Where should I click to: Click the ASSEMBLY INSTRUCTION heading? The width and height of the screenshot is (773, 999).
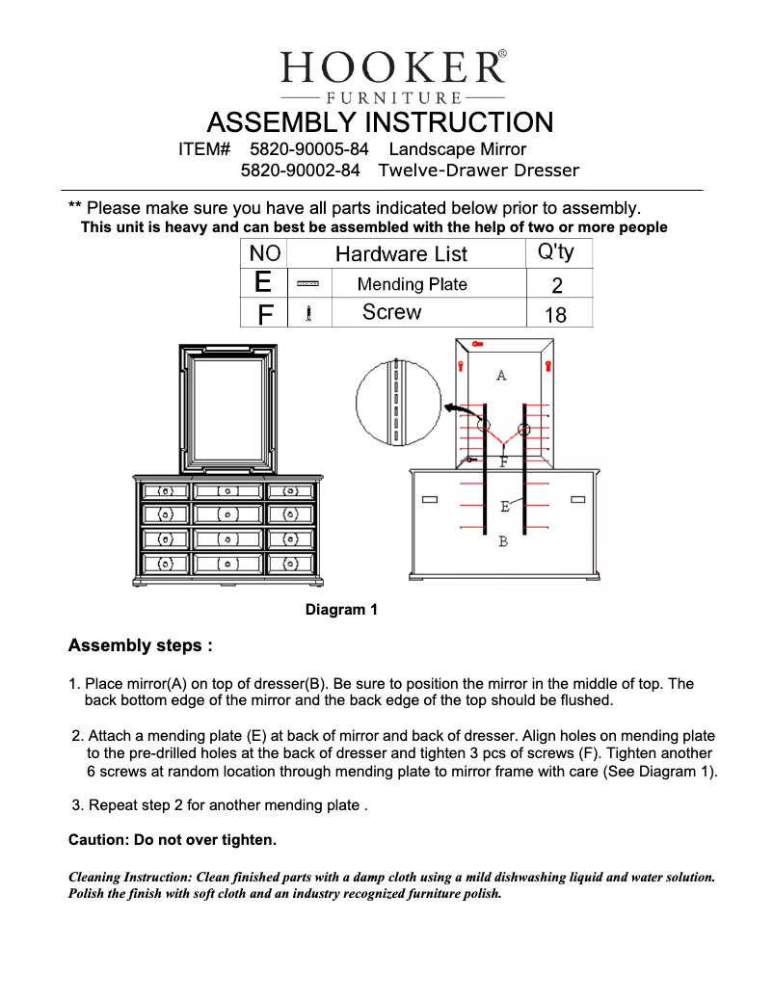pyautogui.click(x=380, y=123)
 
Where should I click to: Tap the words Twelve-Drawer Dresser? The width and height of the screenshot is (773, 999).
pyautogui.click(x=479, y=171)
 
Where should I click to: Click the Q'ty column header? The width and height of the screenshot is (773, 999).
pyautogui.click(x=554, y=252)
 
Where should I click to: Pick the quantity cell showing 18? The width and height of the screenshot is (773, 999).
pyautogui.click(x=555, y=314)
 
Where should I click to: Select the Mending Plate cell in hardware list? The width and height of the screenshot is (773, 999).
pyautogui.click(x=412, y=284)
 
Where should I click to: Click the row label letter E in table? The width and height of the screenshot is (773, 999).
pyautogui.click(x=263, y=282)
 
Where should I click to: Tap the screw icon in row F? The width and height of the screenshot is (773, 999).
pyautogui.click(x=308, y=313)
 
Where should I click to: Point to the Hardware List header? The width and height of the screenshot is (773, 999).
pyautogui.click(x=401, y=254)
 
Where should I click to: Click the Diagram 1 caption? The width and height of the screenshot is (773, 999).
pyautogui.click(x=341, y=610)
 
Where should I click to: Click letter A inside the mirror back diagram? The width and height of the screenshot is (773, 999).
pyautogui.click(x=501, y=375)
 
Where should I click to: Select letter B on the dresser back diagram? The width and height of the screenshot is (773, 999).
pyautogui.click(x=503, y=542)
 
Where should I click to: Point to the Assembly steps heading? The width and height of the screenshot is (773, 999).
pyautogui.click(x=140, y=645)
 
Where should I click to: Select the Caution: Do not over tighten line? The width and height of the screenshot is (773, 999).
pyautogui.click(x=173, y=841)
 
